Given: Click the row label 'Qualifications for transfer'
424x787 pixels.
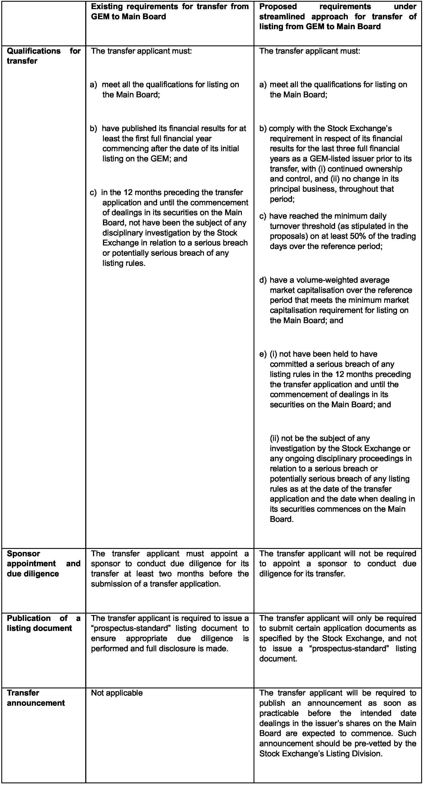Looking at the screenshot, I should tap(43, 56).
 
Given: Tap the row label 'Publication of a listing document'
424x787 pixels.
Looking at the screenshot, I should tap(43, 623).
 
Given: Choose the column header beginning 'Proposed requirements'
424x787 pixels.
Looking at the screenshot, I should tap(337, 16).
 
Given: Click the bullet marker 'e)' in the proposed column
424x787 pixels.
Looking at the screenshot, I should tap(263, 354).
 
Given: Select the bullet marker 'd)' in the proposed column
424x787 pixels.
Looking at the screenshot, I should tap(263, 280).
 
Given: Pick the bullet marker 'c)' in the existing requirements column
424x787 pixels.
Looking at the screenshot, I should tap(93, 192).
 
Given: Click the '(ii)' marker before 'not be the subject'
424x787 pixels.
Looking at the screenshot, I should tap(275, 438).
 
